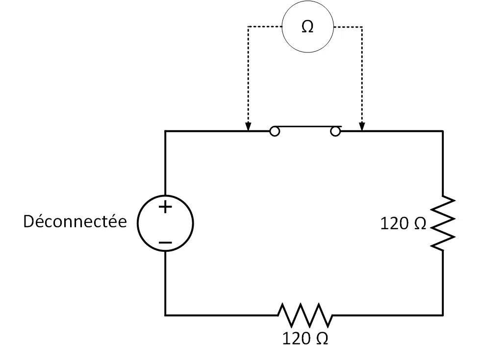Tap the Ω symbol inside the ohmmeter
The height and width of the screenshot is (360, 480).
(307, 27)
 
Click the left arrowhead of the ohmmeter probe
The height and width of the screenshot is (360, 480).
(248, 127)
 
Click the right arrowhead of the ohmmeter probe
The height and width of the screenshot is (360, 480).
(362, 127)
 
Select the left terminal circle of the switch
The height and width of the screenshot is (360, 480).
(275, 132)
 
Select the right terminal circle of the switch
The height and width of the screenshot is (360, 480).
(335, 132)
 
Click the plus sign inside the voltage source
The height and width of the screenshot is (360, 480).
(165, 207)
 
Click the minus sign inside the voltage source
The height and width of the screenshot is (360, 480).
(165, 243)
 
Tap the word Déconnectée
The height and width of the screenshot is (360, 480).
(75, 221)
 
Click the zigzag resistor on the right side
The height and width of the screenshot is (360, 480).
(443, 223)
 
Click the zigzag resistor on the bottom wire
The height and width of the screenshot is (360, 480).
(305, 315)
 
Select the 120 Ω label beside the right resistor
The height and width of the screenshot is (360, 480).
(403, 223)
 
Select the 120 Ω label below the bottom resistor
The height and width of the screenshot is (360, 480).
(305, 338)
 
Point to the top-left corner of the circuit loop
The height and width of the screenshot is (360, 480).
(165, 131)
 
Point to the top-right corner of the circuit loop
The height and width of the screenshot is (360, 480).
(443, 131)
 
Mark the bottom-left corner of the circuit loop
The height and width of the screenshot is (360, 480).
(165, 315)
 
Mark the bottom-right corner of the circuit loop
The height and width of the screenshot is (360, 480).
(443, 315)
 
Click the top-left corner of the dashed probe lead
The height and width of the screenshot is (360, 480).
(248, 27)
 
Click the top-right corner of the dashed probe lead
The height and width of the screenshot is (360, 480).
(362, 27)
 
